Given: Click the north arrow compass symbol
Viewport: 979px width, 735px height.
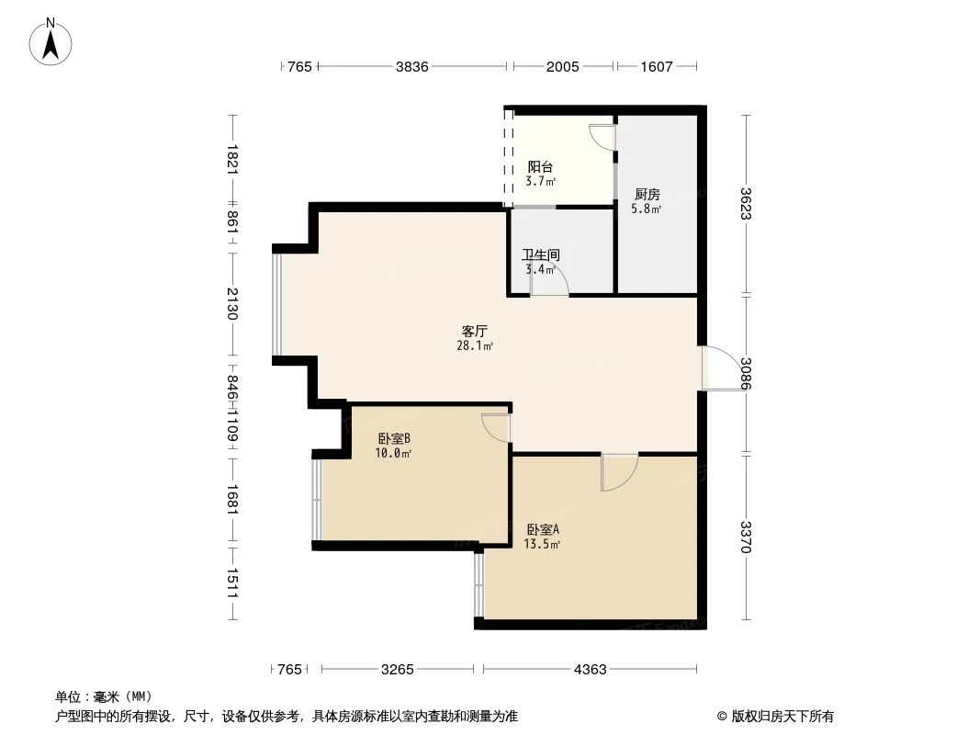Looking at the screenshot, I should coord(51,41).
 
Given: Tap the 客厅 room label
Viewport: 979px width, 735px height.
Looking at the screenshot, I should coord(474,331).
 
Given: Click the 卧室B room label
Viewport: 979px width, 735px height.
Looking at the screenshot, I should coord(394,438).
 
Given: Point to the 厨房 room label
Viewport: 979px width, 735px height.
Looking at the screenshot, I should coord(647,195).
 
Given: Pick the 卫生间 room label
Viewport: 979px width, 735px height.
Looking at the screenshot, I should coord(541,255).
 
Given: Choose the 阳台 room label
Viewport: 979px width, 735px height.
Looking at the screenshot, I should coord(540,167).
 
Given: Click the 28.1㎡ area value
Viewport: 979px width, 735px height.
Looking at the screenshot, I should coord(474,346).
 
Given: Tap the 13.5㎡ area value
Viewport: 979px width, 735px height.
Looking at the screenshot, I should coord(542,544).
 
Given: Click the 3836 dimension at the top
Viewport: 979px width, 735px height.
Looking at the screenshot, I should coord(411,66).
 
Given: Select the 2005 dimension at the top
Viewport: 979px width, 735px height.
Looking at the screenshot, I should coord(562,66).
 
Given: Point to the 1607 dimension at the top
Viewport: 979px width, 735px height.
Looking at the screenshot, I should coord(656,66).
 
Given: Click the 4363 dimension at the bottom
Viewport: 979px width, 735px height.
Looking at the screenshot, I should coord(590,670).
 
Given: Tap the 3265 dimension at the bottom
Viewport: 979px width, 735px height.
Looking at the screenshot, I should coord(398,670).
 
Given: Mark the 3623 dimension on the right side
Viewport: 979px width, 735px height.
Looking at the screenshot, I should coord(747,204).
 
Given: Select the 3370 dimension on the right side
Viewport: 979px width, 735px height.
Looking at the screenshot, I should coord(747,537).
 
